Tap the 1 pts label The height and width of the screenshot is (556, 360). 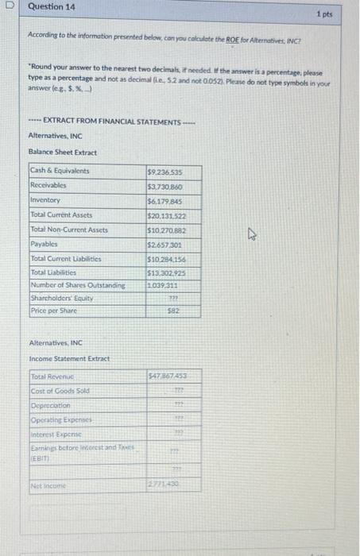323,14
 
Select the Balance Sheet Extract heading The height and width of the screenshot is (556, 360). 63,151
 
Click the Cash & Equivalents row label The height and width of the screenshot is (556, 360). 60,171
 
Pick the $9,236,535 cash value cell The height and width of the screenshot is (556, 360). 165,171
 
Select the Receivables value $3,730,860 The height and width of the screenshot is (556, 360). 165,185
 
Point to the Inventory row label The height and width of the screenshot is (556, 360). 45,200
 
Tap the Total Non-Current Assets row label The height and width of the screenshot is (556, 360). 68,230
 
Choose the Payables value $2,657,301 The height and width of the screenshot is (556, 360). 165,244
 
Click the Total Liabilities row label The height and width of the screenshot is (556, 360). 55,273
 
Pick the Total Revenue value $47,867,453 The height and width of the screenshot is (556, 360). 165,375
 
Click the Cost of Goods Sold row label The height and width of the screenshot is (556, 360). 60,390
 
